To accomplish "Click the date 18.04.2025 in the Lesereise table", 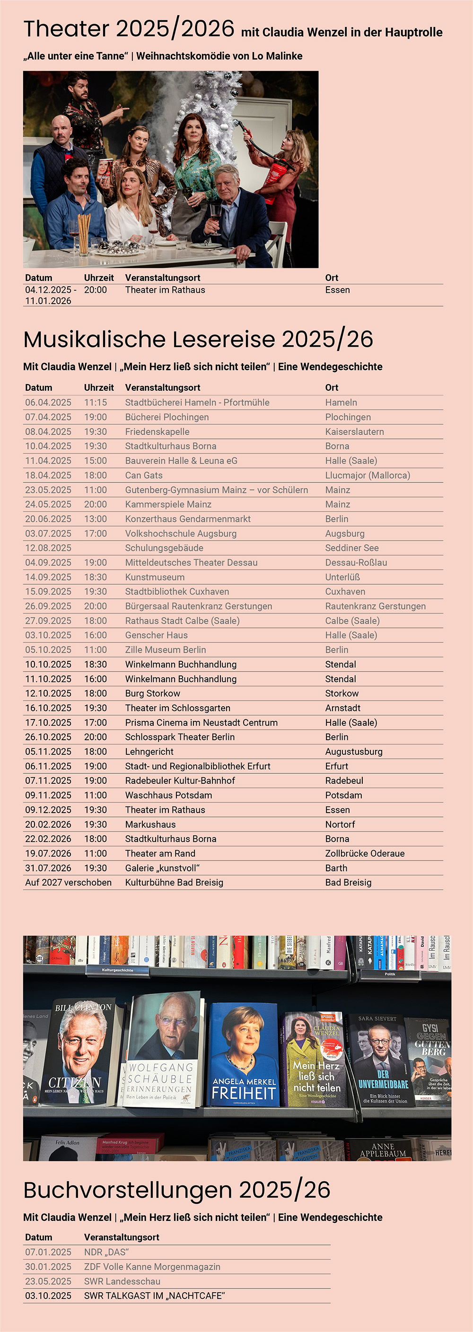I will point(48,475).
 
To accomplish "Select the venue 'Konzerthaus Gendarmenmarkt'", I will point(188,518).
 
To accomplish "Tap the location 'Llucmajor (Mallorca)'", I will point(367,475).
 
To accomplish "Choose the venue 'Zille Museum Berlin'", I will point(166,649).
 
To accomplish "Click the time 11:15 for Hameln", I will point(96,402).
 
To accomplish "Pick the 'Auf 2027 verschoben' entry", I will point(68,882).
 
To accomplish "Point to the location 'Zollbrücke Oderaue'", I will point(364,853).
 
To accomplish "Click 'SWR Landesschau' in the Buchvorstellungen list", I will point(122,1281).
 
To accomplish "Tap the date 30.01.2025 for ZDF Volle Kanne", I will point(48,1266).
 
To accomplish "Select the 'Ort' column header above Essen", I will point(332,278).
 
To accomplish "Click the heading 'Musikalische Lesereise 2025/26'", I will point(198,339).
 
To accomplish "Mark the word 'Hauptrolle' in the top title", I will point(413,32).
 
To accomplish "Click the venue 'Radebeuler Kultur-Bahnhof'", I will point(180,780).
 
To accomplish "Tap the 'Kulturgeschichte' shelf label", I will point(117,970).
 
